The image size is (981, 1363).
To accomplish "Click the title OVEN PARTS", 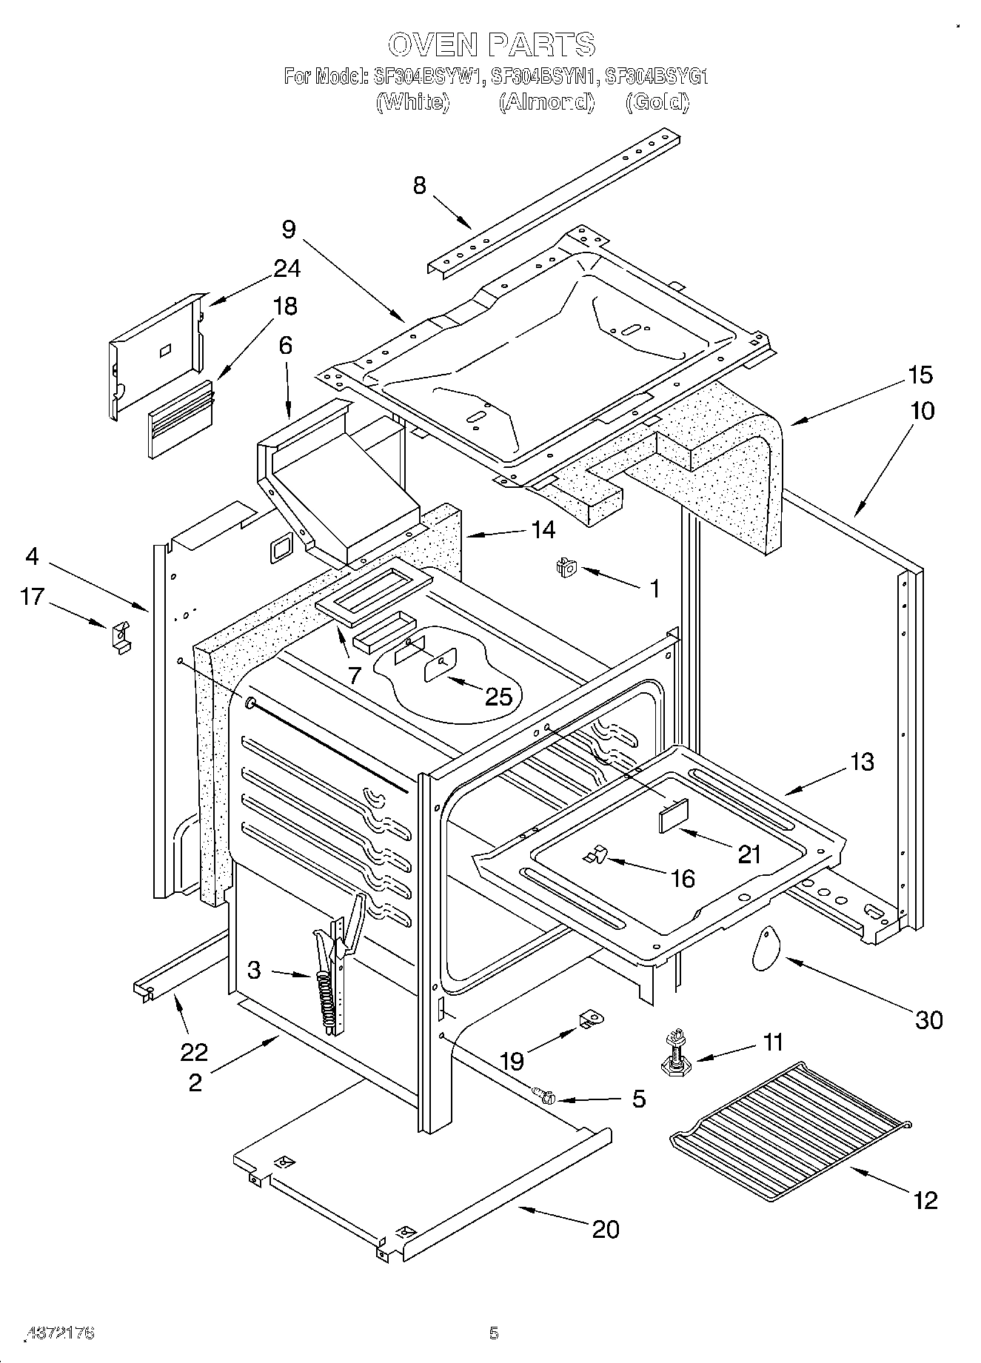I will (x=491, y=44).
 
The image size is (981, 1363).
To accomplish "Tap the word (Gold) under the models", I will (x=657, y=101).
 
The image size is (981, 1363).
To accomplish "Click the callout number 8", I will (x=420, y=184).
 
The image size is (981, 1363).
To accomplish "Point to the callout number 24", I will (x=287, y=268).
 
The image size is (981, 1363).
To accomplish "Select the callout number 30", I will (x=929, y=1019).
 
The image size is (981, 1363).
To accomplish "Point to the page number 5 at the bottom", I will (x=494, y=1333).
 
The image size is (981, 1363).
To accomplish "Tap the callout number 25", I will (x=498, y=696).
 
